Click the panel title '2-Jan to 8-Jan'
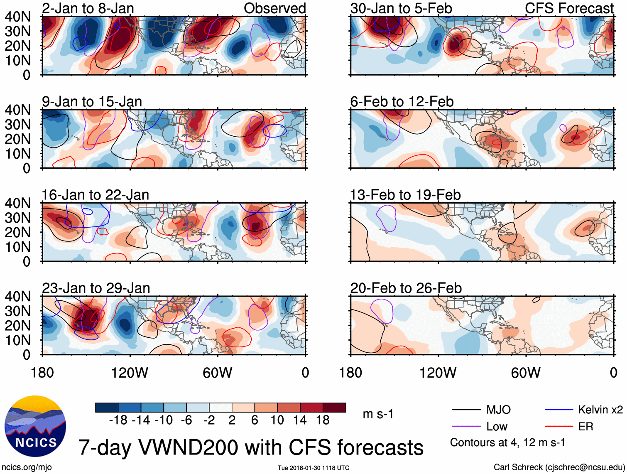coord(88,8)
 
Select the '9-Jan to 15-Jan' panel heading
coord(92,101)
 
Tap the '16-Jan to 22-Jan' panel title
coord(95,195)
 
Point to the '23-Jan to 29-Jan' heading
coord(96,288)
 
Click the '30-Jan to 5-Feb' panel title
coord(401,8)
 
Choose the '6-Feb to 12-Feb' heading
coord(402,101)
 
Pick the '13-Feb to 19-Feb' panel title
coord(405,195)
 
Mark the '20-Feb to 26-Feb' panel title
coord(406,288)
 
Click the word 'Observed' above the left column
coord(274,8)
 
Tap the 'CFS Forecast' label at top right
coord(569,8)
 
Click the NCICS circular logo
coord(35,426)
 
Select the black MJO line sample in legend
coord(466,410)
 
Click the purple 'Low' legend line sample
coord(466,427)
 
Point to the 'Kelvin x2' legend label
coord(600,410)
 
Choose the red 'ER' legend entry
coord(585,427)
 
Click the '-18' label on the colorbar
coord(118,420)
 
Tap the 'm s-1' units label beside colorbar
coord(378,414)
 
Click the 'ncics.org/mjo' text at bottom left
coord(27,467)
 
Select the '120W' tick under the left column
coord(130,373)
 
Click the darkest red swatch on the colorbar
coord(334,408)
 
